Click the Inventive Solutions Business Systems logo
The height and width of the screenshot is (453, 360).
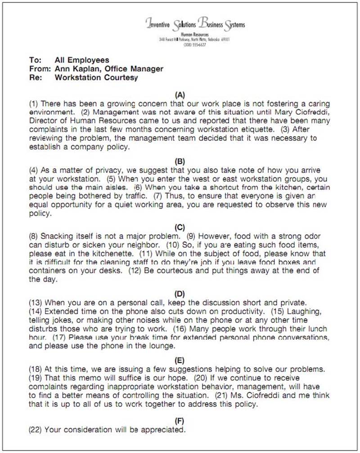click(195, 24)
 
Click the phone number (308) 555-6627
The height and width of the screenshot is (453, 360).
click(194, 45)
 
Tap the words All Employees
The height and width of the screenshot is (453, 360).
click(81, 60)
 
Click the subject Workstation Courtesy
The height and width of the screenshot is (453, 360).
click(96, 77)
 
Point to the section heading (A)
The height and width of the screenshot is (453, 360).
click(180, 95)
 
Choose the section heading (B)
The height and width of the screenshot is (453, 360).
click(180, 161)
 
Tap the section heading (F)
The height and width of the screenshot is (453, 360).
click(180, 421)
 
